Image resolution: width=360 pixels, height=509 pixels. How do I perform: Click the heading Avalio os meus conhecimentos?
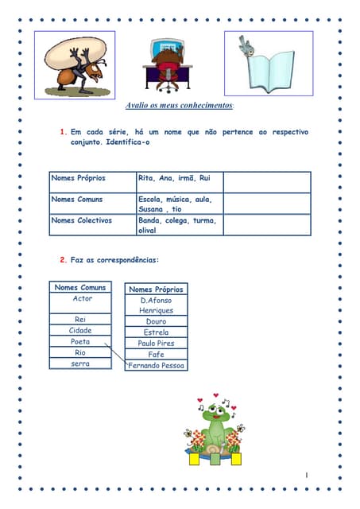(x=180, y=106)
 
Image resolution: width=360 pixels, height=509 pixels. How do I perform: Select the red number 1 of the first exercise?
(x=63, y=132)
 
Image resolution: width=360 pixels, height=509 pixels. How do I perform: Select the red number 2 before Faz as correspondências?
(x=63, y=260)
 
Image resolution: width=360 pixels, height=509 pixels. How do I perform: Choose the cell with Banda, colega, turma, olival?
(x=177, y=225)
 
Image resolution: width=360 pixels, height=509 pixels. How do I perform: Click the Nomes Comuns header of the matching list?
(x=82, y=287)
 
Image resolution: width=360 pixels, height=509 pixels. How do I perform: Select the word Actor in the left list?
(x=82, y=299)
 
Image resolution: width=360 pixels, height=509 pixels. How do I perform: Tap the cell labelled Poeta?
(x=80, y=341)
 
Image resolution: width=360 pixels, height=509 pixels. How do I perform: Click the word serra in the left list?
(x=80, y=363)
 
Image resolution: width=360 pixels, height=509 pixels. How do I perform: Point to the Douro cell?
(x=156, y=321)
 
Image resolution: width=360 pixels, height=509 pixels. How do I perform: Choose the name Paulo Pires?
(x=156, y=344)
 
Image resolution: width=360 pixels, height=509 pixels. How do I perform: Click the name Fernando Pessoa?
(x=157, y=366)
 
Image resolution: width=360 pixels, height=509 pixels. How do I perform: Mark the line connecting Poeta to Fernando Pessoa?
(x=116, y=355)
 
